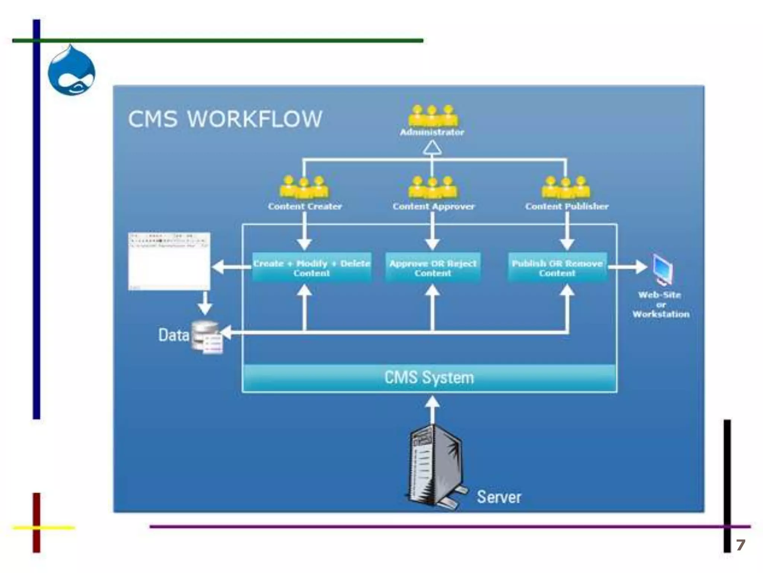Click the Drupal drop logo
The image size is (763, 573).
pos(71,71)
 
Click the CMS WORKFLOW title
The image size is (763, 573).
pos(225,119)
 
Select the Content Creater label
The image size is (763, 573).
pos(305,206)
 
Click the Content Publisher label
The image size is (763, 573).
pos(567,206)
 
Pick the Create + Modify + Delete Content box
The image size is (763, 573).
pos(311,267)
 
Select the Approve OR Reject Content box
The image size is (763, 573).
pos(433,267)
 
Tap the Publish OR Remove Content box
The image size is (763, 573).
pos(557,267)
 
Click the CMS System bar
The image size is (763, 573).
pos(429,378)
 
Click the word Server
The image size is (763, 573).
pos(499,497)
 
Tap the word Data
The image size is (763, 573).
pos(173,335)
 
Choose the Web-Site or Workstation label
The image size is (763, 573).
pos(661,304)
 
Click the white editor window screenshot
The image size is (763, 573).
pos(169,261)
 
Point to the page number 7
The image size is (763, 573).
pos(740,545)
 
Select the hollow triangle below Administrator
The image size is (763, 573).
pos(432,148)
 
